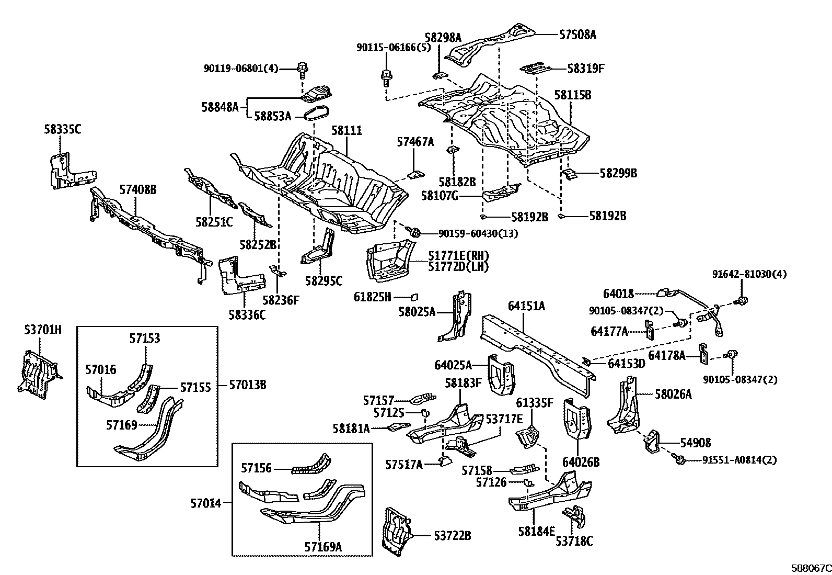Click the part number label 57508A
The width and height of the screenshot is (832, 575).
(577, 35)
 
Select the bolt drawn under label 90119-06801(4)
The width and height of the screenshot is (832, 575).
(302, 67)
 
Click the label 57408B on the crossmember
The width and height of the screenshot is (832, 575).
(137, 190)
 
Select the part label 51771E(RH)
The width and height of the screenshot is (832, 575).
(458, 256)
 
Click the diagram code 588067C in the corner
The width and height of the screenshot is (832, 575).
(811, 568)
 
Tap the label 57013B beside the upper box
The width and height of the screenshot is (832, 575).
(248, 386)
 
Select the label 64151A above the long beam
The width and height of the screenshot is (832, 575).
(526, 306)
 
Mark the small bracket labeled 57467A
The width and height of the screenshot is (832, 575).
(415, 173)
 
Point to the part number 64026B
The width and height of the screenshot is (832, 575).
(581, 463)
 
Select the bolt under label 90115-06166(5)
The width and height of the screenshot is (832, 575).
(386, 77)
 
